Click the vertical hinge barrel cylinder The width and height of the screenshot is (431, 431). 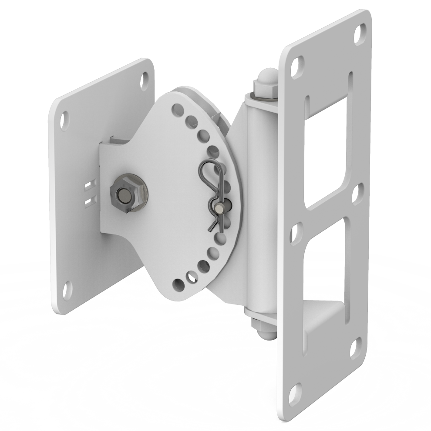pyautogui.click(x=260, y=204)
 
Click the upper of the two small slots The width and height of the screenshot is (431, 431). pyautogui.click(x=88, y=186)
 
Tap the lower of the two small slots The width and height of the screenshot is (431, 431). pyautogui.click(x=89, y=200)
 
